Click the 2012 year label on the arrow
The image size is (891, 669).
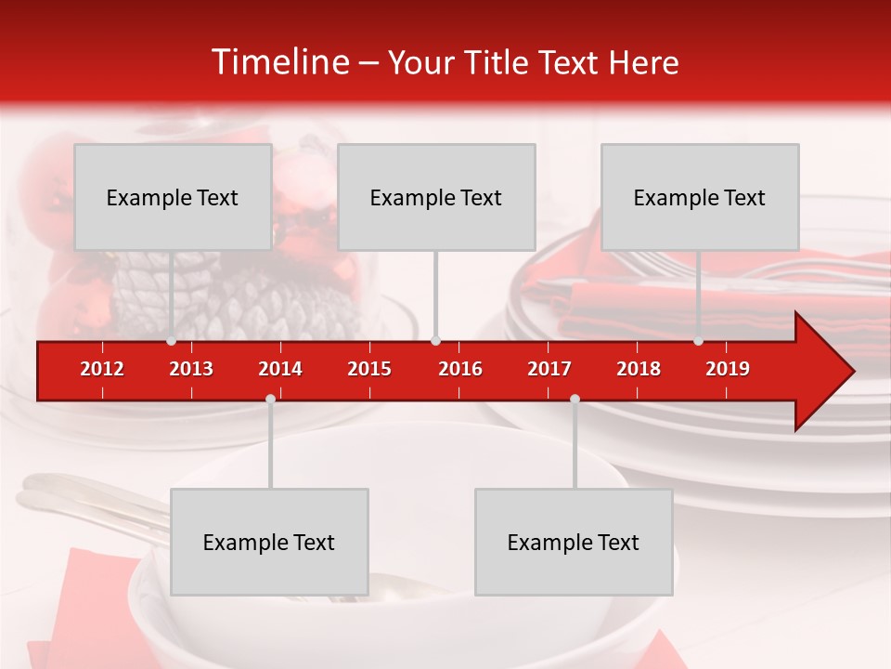102,369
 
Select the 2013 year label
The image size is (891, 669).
191,369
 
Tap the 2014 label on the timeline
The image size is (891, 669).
280,369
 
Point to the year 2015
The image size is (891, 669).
369,369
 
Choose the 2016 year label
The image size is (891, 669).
460,369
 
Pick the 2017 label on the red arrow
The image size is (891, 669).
549,369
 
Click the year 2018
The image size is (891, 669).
639,369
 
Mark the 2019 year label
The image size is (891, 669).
728,369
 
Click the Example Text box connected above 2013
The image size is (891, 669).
173,197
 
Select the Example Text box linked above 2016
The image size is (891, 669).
436,197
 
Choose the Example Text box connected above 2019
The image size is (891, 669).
700,197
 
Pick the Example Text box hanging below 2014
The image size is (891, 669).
269,542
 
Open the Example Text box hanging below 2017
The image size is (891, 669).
574,542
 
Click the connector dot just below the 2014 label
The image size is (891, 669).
270,399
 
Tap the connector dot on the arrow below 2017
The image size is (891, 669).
575,399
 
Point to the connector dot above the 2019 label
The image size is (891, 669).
698,341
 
